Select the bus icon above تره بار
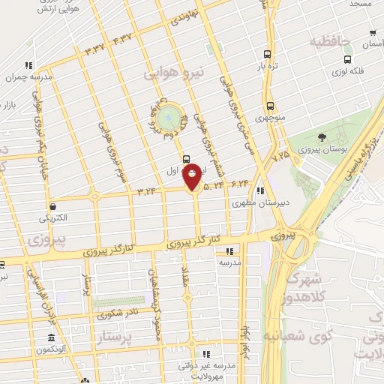click(268, 54)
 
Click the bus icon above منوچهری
click(268, 106)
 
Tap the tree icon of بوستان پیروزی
click(322, 137)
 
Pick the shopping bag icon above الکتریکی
click(53, 206)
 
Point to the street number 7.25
click(281, 156)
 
